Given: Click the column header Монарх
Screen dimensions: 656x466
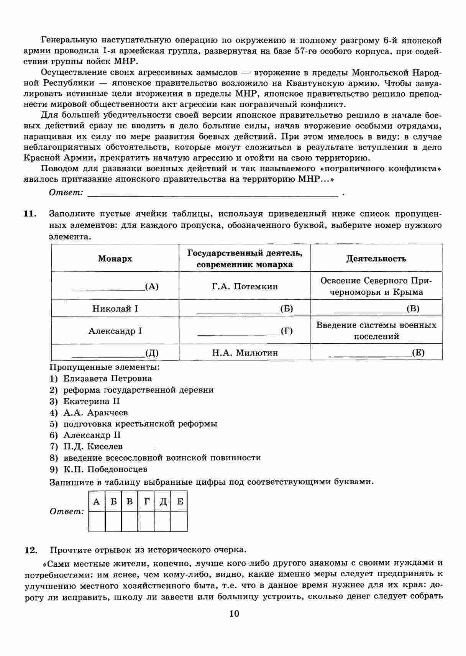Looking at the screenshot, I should (115, 259).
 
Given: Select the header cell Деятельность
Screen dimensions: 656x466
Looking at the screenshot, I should (376, 259).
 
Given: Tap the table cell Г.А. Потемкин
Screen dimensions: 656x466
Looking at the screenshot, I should (244, 286).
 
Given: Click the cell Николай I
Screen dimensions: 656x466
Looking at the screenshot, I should (115, 308).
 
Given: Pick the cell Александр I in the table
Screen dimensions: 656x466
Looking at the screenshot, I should (115, 331).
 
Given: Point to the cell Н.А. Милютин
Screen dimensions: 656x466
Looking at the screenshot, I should (245, 353).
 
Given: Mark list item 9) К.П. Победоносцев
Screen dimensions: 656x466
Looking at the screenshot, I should (98, 469).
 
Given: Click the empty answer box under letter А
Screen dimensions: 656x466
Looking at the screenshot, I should (97, 522).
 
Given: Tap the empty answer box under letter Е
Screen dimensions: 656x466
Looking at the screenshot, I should (179, 522).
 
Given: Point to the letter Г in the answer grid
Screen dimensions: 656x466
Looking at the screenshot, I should (146, 502).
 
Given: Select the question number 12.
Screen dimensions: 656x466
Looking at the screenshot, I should (31, 550).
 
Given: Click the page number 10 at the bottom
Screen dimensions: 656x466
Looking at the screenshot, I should (234, 613).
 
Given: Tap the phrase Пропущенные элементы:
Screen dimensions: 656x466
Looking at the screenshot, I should (105, 367).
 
